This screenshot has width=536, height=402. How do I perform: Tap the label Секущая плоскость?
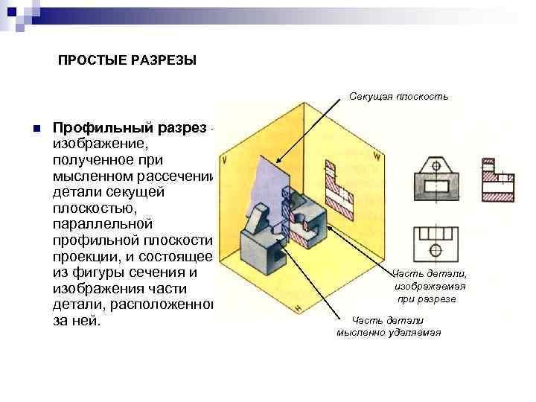click(399, 96)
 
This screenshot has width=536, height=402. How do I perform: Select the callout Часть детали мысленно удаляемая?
click(388, 326)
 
